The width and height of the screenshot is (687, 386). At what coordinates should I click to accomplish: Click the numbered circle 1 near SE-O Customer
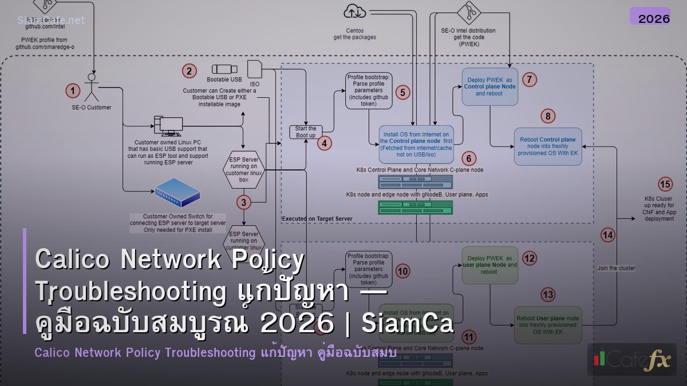[72, 90]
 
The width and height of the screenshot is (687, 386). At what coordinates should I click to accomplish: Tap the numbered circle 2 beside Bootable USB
[188, 71]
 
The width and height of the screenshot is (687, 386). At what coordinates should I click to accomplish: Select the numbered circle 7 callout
[530, 79]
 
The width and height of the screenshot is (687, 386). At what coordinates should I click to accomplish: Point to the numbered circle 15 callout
[665, 184]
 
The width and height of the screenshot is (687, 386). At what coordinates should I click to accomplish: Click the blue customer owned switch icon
[177, 193]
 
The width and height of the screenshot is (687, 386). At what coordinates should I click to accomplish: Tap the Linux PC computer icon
[168, 126]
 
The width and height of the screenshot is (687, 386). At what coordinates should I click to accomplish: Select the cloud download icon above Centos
[355, 11]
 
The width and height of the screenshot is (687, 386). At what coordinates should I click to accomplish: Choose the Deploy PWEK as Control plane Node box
[489, 86]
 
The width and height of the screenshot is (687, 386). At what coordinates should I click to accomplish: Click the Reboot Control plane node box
[548, 146]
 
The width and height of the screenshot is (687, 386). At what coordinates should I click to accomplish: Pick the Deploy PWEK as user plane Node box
[489, 265]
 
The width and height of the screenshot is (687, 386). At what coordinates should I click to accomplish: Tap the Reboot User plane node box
[548, 324]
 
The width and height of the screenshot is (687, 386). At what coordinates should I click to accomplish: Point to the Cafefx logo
[631, 360]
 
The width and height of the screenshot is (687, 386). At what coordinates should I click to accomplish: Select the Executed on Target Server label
[317, 218]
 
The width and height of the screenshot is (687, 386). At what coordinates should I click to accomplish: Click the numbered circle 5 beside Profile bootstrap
[403, 91]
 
